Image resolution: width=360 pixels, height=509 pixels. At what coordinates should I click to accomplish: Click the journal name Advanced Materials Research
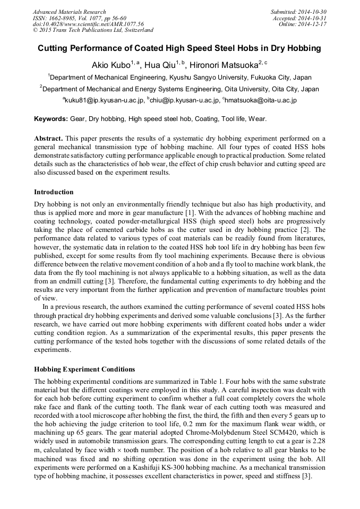pos(69,12)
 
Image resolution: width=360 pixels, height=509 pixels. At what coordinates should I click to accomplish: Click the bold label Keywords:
pos(51,118)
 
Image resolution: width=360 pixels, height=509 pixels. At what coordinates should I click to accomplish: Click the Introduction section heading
pos(54,192)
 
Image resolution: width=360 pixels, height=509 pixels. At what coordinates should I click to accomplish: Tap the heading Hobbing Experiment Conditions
pos(84,369)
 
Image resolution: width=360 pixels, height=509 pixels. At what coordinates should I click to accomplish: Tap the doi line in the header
pos(88,24)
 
